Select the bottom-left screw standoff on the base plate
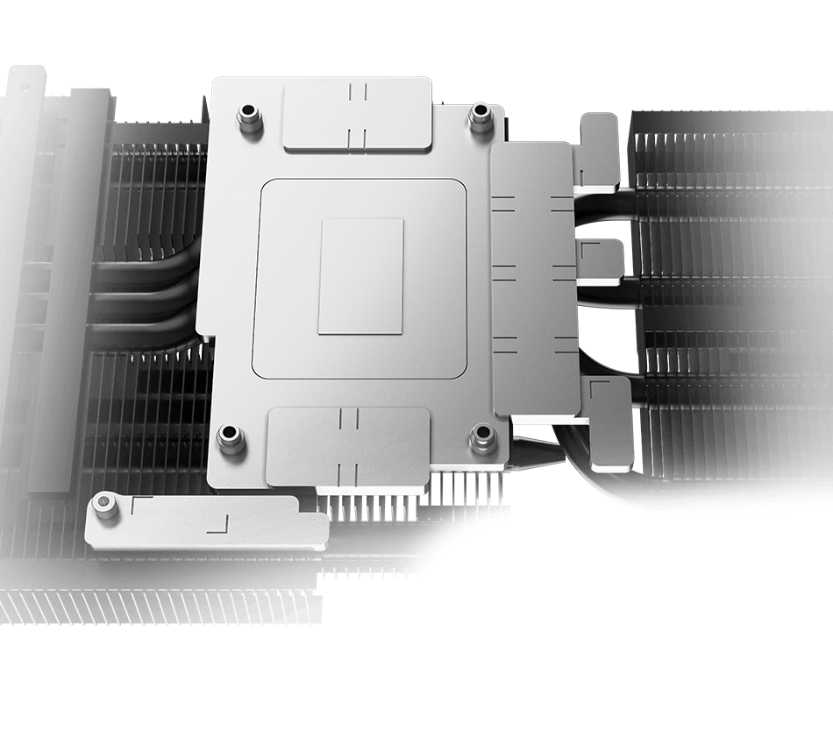coord(230,435)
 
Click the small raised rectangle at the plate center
coord(360,276)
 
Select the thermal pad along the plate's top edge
coord(358,115)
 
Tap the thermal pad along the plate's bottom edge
coord(349,445)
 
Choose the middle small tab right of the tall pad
coord(601,260)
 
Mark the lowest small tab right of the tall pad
coord(610,421)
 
